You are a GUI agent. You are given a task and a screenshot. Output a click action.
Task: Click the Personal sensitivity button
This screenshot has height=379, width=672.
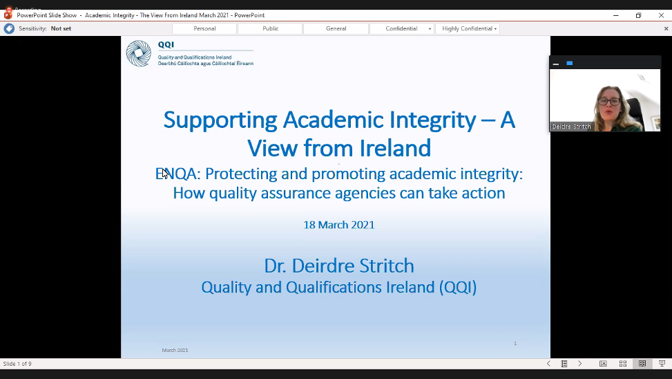point(204,29)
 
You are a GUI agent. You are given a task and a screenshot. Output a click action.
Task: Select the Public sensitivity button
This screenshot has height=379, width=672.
point(270,29)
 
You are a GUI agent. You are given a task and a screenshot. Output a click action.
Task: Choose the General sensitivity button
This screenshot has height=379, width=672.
point(336,29)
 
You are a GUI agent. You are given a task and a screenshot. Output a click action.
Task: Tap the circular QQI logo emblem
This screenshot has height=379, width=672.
point(138,53)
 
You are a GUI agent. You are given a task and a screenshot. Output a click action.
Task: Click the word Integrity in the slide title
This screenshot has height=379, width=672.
point(433,120)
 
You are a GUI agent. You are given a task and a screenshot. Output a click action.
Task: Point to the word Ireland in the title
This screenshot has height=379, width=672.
point(395,148)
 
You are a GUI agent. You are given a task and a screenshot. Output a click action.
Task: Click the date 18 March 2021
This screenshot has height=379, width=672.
point(339,225)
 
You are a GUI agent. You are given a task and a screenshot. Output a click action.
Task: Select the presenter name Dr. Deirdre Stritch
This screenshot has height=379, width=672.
point(339,266)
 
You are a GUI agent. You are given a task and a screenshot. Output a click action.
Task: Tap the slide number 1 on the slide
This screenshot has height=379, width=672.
point(515,343)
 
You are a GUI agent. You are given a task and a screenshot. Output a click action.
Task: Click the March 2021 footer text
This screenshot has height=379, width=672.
point(175,350)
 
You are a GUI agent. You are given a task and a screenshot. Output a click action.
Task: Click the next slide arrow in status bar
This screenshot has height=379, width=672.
point(580,364)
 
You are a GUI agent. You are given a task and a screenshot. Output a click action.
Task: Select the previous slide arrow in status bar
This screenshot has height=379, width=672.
point(548,364)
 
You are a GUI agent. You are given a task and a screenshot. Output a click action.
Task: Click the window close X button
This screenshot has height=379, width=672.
point(661,15)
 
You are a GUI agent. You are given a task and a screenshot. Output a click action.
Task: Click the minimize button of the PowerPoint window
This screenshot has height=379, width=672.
point(616,15)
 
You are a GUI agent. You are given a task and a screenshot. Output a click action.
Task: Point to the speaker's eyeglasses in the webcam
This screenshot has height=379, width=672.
point(609,102)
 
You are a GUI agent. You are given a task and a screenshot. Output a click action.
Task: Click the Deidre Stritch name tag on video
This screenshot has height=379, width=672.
point(571,127)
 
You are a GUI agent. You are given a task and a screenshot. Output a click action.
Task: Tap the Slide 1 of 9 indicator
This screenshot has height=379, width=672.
point(17,364)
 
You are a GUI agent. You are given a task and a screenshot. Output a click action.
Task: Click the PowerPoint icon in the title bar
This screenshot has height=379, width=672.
point(8,15)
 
